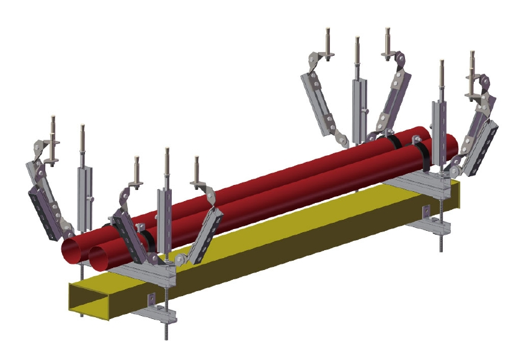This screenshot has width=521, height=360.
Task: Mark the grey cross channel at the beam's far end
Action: click(x=422, y=181)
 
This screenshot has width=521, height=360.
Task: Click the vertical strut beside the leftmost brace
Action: click(x=84, y=186)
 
